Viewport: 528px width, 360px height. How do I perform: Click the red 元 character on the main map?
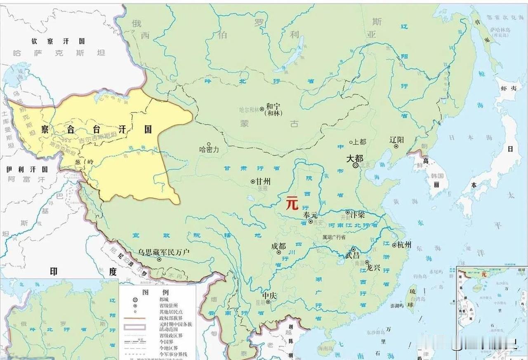[292, 204]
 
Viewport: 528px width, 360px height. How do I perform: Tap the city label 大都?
[354, 158]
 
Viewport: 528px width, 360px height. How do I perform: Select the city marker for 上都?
[351, 142]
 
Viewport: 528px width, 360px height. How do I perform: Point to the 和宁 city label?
[273, 106]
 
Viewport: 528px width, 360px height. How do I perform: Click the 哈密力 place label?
[209, 150]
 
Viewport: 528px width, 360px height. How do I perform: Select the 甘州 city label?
[264, 181]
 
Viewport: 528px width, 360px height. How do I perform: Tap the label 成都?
[278, 246]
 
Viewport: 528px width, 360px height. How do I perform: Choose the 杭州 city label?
[404, 245]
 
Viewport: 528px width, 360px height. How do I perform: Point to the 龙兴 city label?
[373, 268]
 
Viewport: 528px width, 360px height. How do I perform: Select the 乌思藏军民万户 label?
[164, 252]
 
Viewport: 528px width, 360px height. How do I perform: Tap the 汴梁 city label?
[358, 214]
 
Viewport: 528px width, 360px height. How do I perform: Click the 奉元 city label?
[311, 215]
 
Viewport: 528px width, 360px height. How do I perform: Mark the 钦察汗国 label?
[58, 41]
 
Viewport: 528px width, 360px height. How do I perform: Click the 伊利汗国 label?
[27, 169]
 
